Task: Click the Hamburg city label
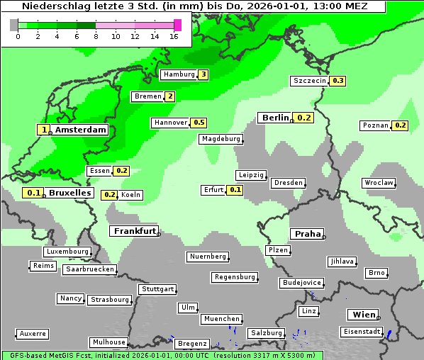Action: click(178, 74)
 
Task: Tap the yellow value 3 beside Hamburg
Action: click(203, 74)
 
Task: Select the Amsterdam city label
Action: click(80, 130)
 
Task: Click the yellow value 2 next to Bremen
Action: click(169, 96)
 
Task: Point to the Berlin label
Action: click(275, 118)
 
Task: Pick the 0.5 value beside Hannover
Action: click(199, 123)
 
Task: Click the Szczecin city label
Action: click(310, 81)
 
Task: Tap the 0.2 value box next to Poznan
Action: click(400, 125)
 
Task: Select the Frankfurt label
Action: click(133, 231)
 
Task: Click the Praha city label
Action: click(308, 234)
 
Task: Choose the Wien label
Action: click(363, 315)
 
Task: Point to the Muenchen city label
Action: click(221, 320)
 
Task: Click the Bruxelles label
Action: click(69, 193)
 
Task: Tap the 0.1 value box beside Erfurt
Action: click(235, 190)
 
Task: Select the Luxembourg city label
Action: click(67, 252)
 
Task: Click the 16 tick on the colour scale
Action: click(174, 35)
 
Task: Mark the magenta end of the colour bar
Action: click(177, 25)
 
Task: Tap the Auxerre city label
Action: click(33, 334)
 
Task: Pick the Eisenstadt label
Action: click(362, 332)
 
